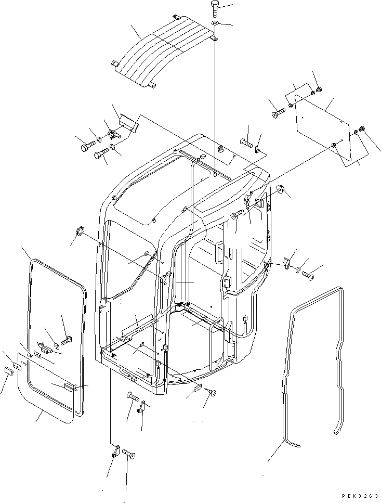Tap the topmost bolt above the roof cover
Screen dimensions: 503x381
point(216,9)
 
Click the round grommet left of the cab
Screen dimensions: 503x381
point(81,231)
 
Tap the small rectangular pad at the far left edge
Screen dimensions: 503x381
point(8,370)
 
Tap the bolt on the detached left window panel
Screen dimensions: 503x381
point(67,341)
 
